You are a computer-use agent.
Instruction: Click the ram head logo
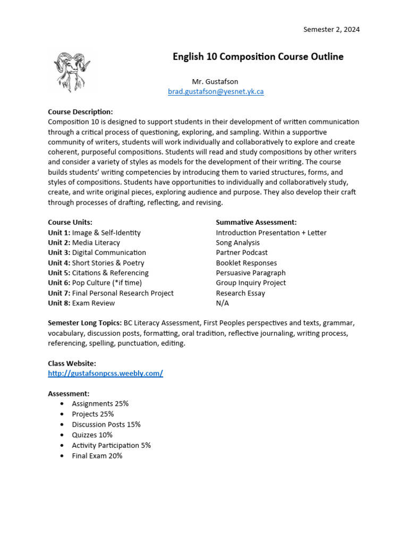tap(72, 71)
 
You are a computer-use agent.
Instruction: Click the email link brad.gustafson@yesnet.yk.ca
tap(216, 91)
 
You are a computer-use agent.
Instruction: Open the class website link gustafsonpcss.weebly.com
tap(105, 373)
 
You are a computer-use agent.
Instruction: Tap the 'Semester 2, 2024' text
tap(331, 29)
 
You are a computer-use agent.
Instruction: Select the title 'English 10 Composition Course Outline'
tap(258, 57)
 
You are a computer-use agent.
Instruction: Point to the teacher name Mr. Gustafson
tap(215, 81)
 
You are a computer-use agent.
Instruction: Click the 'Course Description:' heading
tap(80, 112)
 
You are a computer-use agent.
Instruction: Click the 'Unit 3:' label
tap(59, 253)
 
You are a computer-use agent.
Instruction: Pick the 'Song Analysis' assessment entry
tap(237, 243)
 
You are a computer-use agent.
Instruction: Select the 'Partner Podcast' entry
tap(242, 253)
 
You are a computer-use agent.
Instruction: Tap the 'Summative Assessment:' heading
tap(256, 222)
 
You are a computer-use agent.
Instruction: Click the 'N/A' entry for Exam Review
tap(222, 303)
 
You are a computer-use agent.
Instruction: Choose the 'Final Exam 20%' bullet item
tap(97, 456)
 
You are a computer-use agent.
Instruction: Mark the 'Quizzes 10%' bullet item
tap(92, 435)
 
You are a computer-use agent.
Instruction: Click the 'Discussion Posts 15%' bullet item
tap(106, 424)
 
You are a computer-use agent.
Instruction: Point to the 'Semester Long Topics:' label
tap(84, 323)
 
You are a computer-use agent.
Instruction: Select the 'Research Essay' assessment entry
tap(240, 293)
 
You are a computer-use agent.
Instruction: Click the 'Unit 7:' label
tap(59, 293)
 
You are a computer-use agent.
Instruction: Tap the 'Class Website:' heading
tap(72, 363)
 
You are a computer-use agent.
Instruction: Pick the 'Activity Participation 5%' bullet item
tap(112, 445)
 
